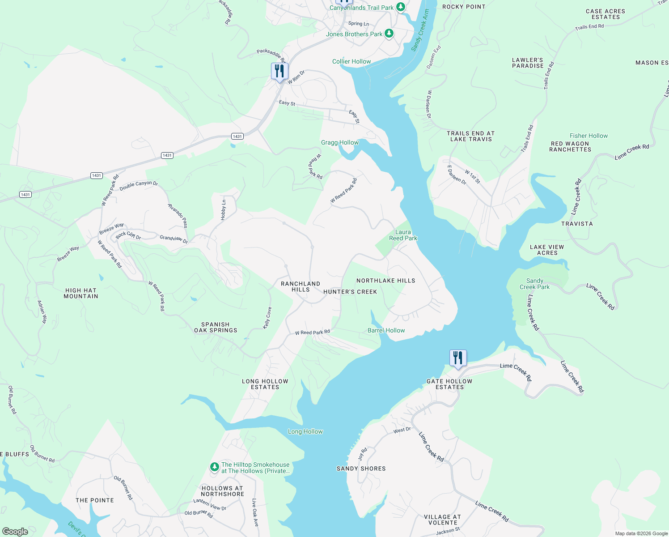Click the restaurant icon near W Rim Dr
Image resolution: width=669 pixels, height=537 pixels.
tap(279, 71)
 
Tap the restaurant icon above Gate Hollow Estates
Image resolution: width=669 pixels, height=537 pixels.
tap(457, 358)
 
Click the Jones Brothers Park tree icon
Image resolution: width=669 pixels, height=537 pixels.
tap(389, 34)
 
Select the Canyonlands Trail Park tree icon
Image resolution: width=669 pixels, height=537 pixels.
tap(401, 7)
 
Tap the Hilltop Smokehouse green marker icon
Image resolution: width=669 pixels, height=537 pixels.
tap(215, 467)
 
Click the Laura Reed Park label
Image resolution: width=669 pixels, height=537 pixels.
tap(403, 235)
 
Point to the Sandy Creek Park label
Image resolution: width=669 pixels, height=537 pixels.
tap(534, 284)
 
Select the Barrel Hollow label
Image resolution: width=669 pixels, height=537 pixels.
tap(386, 330)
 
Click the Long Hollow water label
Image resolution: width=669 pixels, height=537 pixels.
tap(305, 431)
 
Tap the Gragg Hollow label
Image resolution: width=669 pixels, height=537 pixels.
tap(339, 142)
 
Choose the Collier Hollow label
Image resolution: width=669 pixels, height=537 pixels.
tap(351, 61)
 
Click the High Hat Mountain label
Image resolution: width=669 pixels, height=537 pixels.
tap(80, 293)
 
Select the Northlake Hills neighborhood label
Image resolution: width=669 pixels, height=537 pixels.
tap(385, 281)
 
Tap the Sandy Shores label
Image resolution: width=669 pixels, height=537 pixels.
tap(361, 469)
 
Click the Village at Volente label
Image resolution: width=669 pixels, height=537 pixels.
tap(442, 520)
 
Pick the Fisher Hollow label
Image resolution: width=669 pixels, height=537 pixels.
tap(589, 136)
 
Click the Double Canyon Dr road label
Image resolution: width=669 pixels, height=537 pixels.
tap(139, 185)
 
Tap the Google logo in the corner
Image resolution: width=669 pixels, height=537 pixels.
tap(15, 531)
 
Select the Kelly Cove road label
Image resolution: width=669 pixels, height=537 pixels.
tap(267, 318)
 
